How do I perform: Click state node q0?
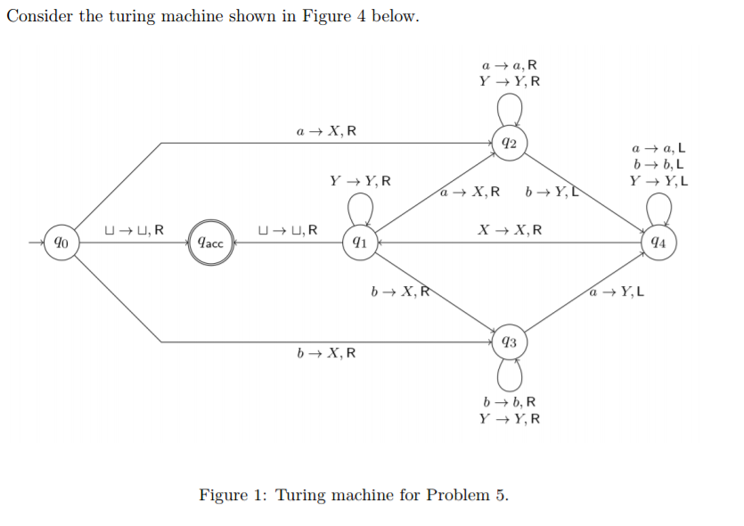coord(60,242)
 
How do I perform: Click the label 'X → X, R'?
coord(510,229)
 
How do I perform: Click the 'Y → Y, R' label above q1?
coord(359,181)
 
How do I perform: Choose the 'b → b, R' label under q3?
coord(510,401)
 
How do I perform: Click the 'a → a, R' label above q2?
coord(510,65)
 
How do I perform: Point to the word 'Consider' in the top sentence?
coord(38,18)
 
